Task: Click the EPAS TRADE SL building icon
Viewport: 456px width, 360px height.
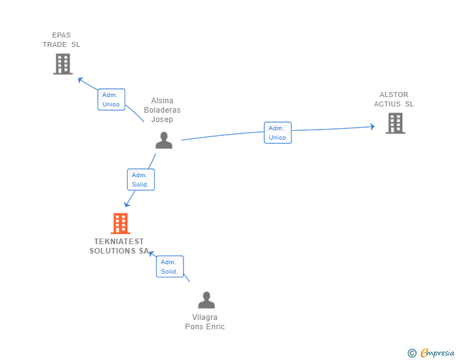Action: click(63, 64)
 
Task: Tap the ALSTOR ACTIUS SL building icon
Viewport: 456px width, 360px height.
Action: click(395, 123)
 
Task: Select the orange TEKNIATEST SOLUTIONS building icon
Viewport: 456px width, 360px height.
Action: click(120, 224)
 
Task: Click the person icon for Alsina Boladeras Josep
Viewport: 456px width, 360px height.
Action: click(163, 140)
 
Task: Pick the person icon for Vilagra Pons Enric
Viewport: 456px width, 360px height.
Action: click(206, 301)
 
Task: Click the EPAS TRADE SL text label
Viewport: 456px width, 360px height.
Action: click(61, 40)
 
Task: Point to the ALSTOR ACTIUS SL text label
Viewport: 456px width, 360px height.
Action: click(394, 100)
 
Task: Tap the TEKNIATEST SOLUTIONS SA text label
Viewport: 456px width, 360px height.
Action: click(119, 246)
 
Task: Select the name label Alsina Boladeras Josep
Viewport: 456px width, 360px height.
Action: click(162, 110)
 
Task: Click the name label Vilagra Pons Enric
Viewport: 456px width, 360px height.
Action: click(205, 322)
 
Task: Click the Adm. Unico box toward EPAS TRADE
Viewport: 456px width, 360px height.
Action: click(111, 100)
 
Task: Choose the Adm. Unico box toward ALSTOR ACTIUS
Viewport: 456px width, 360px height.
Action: click(277, 133)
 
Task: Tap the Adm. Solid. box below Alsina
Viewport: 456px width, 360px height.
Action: click(140, 180)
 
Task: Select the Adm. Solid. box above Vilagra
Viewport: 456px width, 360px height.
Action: click(169, 267)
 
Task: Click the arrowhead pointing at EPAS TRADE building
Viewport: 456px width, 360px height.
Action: click(80, 79)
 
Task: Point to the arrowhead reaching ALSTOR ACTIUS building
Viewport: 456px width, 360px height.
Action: click(372, 127)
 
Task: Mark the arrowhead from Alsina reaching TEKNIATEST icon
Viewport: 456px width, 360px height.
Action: click(127, 203)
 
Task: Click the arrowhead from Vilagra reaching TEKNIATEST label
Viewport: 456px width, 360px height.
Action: click(150, 252)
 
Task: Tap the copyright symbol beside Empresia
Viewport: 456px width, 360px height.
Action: click(412, 353)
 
